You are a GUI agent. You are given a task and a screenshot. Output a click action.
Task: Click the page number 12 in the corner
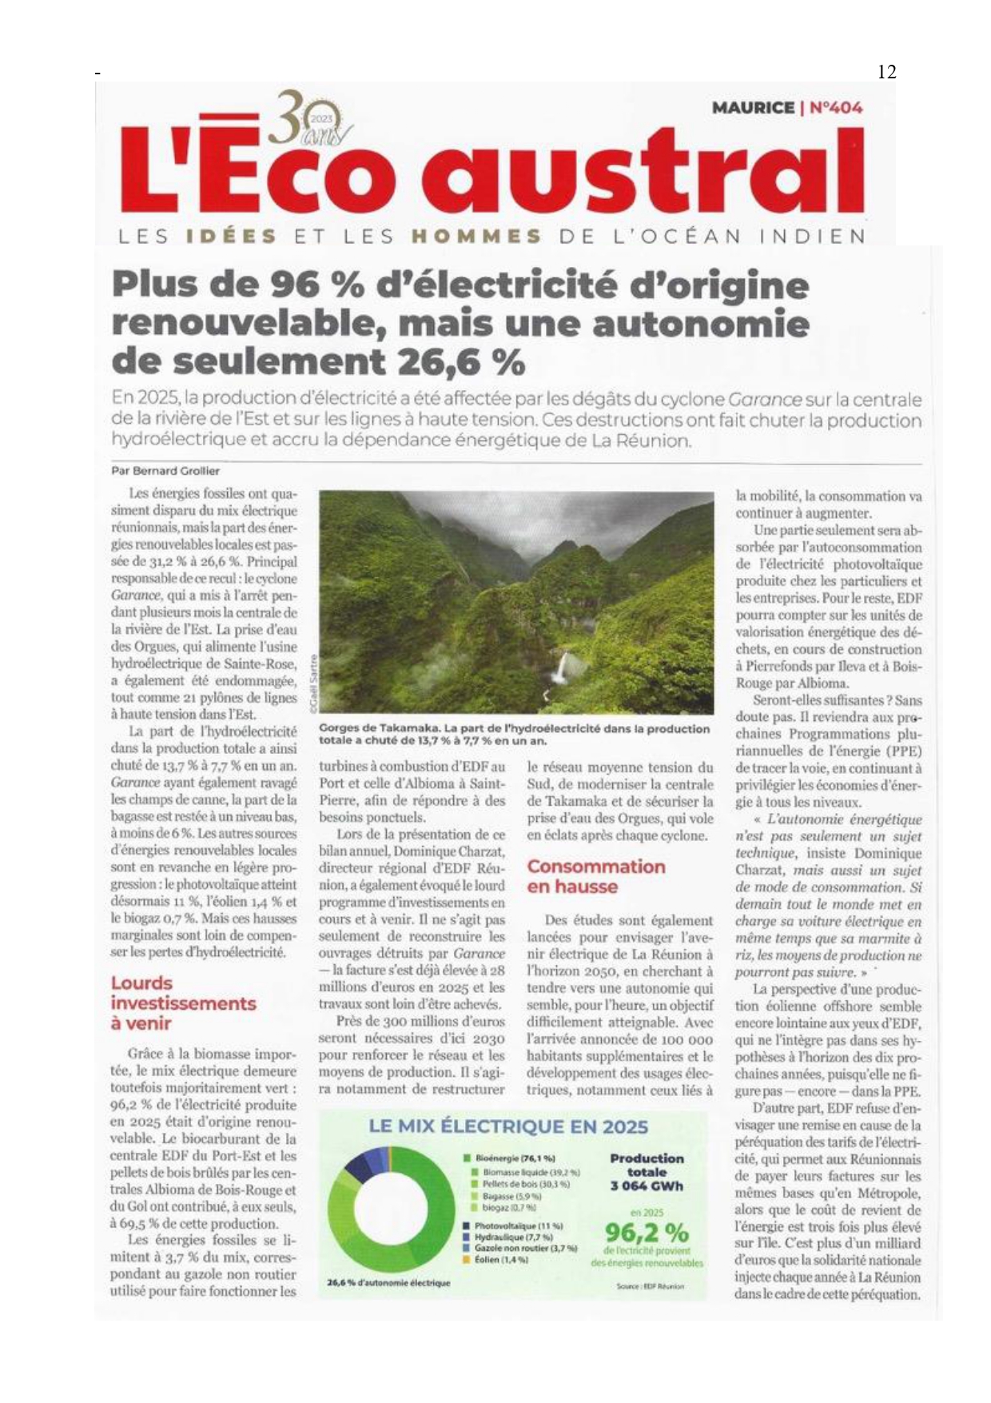pos(886,72)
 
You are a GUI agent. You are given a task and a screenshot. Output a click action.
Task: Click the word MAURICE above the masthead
pos(753,107)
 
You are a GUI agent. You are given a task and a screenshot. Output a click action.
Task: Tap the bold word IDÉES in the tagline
pos(231,237)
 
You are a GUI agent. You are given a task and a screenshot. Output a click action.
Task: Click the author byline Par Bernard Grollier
pos(165,471)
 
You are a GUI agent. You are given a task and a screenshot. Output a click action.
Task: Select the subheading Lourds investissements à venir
pos(183,1002)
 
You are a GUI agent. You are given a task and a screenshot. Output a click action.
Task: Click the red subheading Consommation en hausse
pos(595,876)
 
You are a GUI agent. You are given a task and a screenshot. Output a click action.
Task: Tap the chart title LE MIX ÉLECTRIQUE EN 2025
pos(507,1126)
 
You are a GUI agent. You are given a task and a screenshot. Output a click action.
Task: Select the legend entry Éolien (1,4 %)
pos(499,1259)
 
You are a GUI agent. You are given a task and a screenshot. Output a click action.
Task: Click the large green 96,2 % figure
pos(647,1232)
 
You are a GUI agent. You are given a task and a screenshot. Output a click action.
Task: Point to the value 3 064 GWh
pos(647,1186)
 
